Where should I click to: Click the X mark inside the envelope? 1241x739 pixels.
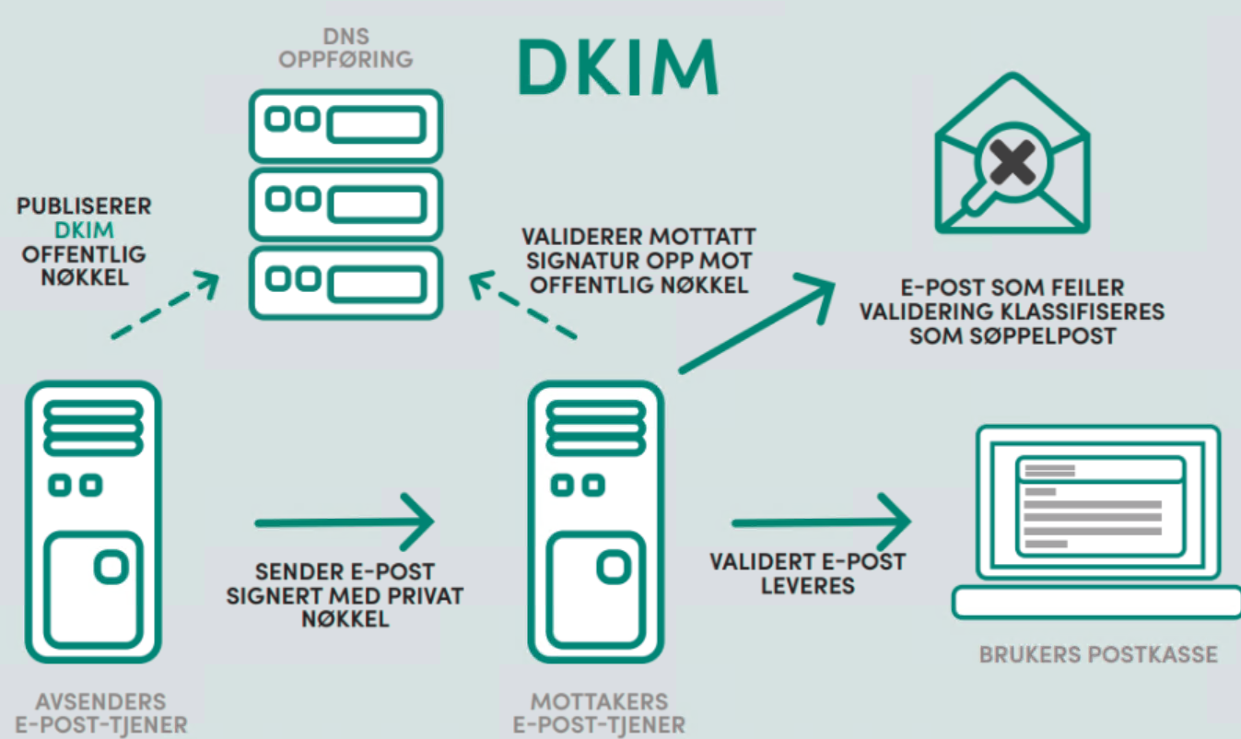click(x=1013, y=166)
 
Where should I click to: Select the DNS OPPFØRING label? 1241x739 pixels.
click(x=345, y=49)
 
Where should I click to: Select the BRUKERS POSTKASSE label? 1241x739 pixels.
click(x=1098, y=655)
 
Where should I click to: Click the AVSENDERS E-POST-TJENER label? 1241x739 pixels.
click(x=101, y=713)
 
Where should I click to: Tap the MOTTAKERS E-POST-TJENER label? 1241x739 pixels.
click(x=599, y=713)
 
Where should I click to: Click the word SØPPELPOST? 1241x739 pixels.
click(x=1013, y=335)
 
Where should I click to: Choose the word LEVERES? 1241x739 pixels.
click(x=807, y=585)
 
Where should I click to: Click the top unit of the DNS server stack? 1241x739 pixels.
click(x=345, y=125)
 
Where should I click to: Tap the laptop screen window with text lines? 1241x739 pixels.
click(x=1098, y=505)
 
